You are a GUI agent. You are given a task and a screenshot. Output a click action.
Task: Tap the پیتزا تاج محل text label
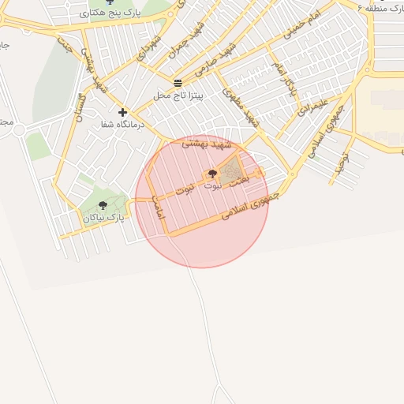point(178,95)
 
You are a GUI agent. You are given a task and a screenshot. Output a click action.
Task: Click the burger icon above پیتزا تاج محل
point(178,82)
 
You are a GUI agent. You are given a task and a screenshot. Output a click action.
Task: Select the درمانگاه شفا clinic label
point(122,125)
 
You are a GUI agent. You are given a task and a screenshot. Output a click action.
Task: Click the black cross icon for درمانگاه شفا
point(122,112)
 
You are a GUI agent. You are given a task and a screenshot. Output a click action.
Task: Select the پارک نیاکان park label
point(103,217)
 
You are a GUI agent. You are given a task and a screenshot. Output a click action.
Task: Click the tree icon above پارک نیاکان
point(103,205)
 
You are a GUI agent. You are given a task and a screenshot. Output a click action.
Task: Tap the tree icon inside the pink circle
point(211,174)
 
